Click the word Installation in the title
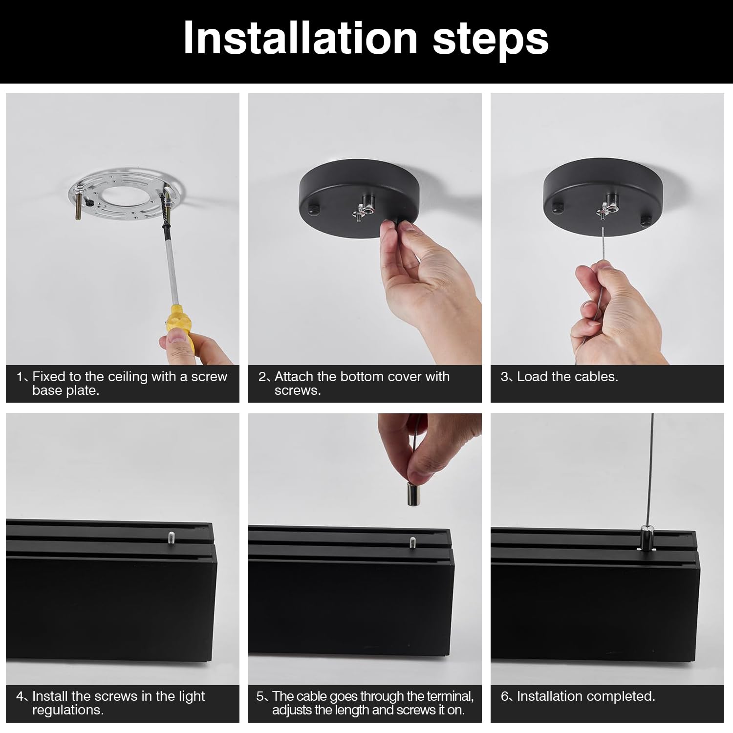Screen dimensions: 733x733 (x=301, y=38)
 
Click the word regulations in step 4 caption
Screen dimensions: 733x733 (x=68, y=710)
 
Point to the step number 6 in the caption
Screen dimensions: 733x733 (x=505, y=696)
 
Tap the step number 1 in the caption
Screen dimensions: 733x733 (x=19, y=377)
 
